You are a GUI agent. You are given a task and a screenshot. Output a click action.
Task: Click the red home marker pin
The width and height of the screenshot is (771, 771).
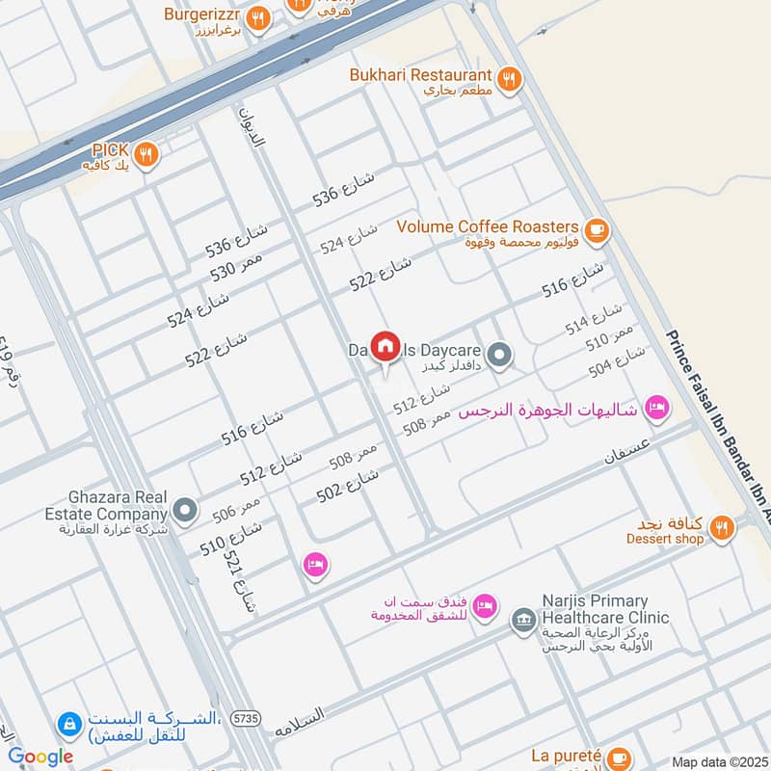tap(385, 346)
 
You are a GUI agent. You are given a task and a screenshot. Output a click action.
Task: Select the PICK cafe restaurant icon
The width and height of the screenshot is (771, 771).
tap(146, 152)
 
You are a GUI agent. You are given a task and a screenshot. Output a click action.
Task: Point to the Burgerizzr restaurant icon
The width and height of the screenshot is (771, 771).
tap(257, 17)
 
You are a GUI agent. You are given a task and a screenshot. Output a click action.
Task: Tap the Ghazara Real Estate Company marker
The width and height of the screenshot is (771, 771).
tap(184, 507)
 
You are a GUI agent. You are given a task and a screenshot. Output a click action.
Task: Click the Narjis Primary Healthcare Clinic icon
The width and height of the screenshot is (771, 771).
tap(523, 618)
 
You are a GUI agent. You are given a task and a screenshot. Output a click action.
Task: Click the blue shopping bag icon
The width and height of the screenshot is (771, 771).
tap(68, 722)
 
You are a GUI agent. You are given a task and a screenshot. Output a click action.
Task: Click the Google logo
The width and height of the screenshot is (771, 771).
tap(40, 758)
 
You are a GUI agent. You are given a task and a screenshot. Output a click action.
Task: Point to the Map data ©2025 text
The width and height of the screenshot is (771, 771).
tap(720, 762)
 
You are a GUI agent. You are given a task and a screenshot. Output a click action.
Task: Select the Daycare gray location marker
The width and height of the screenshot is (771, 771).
tap(498, 356)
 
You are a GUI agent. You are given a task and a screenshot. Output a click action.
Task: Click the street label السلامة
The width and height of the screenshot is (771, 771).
tap(312, 723)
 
